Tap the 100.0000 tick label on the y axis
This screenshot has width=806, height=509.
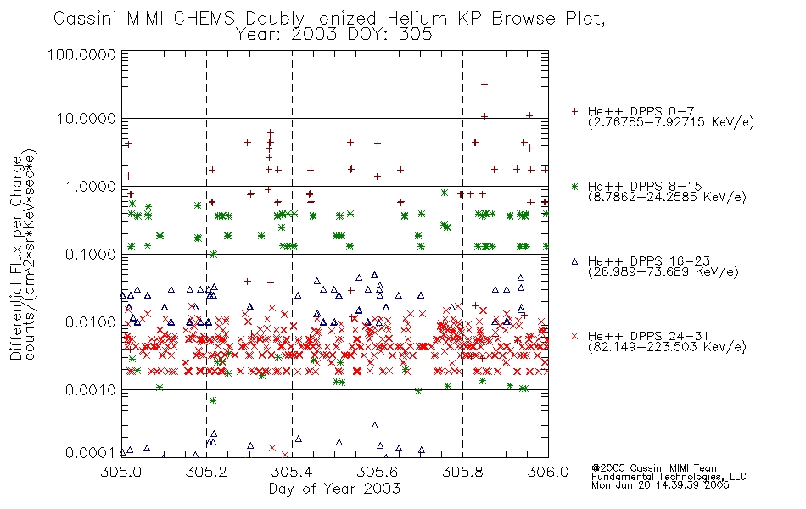coord(82,54)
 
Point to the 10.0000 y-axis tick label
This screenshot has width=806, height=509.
coord(87,119)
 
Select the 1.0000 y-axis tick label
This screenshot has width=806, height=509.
coord(91,186)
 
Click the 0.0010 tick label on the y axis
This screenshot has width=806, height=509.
coord(91,390)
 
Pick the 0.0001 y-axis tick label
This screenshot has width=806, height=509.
coord(91,453)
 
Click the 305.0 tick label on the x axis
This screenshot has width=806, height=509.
coord(121,472)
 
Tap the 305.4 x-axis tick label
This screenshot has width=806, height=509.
coord(292,472)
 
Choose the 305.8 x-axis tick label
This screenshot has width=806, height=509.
coord(462,472)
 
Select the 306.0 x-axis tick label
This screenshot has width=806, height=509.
coord(548,472)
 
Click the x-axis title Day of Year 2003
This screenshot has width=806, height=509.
coord(334,489)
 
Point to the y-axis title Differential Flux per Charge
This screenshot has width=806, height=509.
coord(16,258)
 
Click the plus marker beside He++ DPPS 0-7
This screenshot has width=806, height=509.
coord(575,111)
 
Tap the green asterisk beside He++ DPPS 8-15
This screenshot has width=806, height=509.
coord(575,186)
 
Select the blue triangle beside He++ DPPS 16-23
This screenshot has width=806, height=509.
coord(575,261)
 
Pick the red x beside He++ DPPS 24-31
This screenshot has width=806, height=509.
coord(575,336)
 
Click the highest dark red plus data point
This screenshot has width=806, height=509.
coord(484,85)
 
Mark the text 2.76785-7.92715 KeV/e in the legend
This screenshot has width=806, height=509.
coord(671,122)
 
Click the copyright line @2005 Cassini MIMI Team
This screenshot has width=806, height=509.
coord(656,468)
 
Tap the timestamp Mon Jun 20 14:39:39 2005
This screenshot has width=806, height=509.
coord(660,485)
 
